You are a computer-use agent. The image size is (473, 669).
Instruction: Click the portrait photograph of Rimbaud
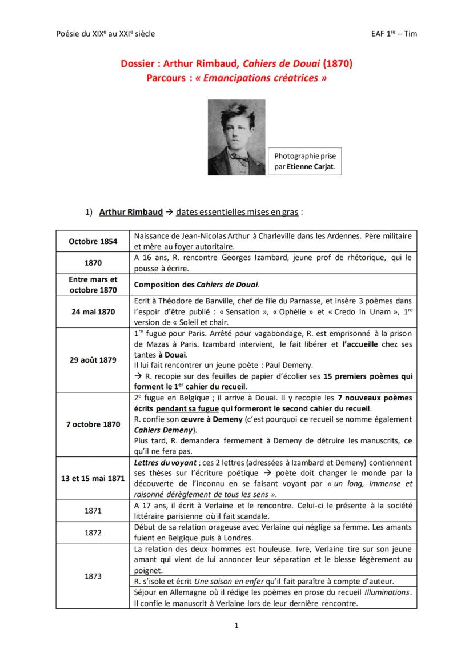(x=236, y=137)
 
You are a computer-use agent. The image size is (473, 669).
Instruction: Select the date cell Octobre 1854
(x=93, y=241)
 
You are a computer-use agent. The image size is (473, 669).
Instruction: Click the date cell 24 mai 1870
(x=93, y=311)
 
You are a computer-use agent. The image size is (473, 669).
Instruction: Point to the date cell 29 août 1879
(x=93, y=360)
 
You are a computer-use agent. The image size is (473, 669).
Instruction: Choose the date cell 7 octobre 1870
(x=93, y=424)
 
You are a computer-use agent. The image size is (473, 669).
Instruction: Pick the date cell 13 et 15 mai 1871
(x=93, y=478)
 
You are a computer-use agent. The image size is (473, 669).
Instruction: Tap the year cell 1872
(x=93, y=532)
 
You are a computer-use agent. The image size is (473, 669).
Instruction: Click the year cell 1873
(x=93, y=576)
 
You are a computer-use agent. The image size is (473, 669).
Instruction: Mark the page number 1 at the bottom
(x=236, y=625)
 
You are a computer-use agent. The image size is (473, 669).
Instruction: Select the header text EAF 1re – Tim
(x=394, y=34)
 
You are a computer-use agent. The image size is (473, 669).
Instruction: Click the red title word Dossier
(x=138, y=64)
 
